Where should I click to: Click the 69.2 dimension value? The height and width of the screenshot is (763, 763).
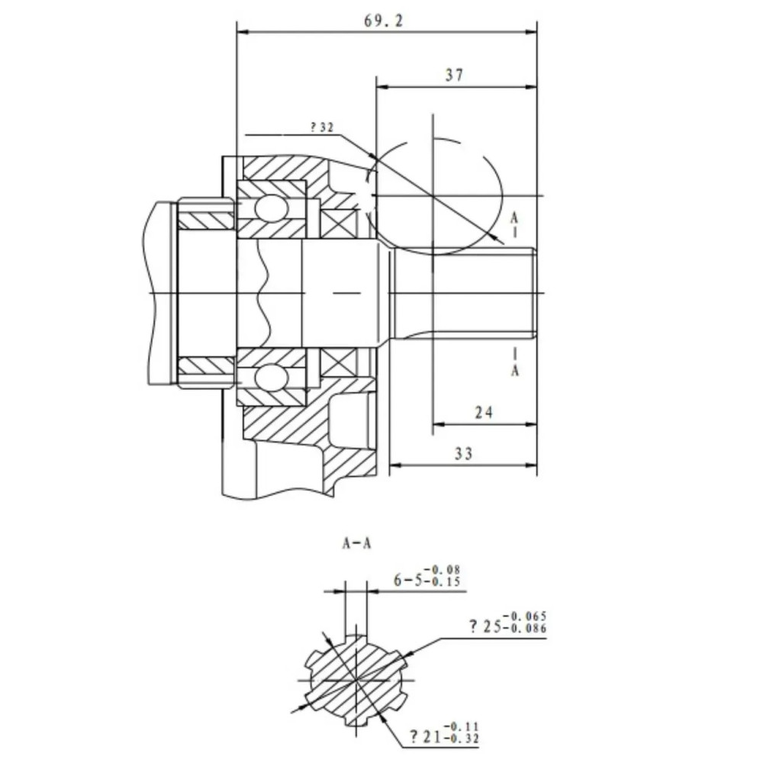coord(384,21)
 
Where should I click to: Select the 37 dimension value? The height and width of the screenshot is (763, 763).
coord(455,75)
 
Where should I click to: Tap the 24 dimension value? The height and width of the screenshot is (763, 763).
coord(484,413)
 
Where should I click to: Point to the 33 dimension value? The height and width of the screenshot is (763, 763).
coord(464,453)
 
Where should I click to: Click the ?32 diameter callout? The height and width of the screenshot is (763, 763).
coord(322,127)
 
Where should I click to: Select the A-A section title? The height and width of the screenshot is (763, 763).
coord(356,543)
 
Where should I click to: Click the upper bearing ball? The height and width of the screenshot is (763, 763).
coord(271,208)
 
